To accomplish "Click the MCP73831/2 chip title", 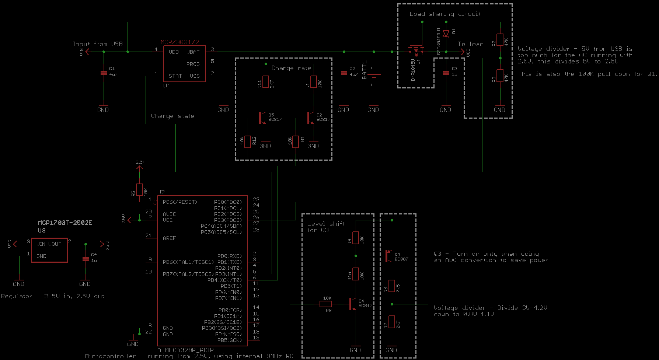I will click(x=180, y=42).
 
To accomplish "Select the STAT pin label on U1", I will click(x=175, y=76).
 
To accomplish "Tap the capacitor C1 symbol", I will click(x=104, y=73).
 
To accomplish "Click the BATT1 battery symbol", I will click(x=374, y=75).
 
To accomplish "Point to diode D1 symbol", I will click(x=446, y=34).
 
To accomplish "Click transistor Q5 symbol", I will click(x=262, y=118).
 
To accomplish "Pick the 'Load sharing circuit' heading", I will click(x=445, y=14).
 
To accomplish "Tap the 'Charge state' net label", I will click(x=172, y=116).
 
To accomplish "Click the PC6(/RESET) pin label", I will click(x=180, y=202).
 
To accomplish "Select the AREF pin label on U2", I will click(x=169, y=238).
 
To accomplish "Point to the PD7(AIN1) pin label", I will click(x=228, y=298).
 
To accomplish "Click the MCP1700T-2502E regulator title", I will click(x=65, y=223).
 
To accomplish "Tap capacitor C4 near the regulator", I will click(x=86, y=259).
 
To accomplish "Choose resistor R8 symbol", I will click(x=325, y=304).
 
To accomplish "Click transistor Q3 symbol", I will click(x=388, y=256).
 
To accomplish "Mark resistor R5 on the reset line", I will click(x=139, y=190).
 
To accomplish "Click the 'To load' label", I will click(x=470, y=44).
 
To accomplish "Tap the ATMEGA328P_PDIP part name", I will click(x=185, y=350).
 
